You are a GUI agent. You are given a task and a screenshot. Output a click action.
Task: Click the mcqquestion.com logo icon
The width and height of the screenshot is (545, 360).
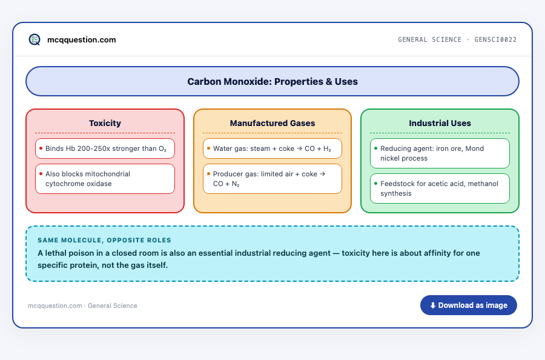[x=35, y=39]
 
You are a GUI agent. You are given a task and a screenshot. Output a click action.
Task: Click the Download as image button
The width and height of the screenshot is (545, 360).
[x=469, y=305]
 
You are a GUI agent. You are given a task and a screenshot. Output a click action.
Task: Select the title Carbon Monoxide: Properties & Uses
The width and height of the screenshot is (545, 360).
[x=272, y=81]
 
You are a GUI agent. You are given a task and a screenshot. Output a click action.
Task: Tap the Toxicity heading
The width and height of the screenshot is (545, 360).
[x=105, y=123]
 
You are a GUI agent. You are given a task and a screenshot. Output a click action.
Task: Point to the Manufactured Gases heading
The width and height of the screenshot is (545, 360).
[x=272, y=123]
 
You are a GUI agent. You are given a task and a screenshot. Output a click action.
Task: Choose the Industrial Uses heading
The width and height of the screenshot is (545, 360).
[x=440, y=123]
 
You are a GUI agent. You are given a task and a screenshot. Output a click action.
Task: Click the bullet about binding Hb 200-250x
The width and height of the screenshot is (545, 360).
[x=105, y=148]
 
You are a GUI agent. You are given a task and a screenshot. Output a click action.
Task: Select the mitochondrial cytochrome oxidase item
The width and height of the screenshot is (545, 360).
[x=105, y=179]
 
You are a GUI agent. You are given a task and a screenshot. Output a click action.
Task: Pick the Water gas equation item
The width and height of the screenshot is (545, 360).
[x=272, y=148]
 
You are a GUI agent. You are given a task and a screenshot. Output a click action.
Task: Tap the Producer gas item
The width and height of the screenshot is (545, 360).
[x=272, y=179]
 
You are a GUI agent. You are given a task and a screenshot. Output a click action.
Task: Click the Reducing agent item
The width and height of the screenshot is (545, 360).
[x=440, y=153]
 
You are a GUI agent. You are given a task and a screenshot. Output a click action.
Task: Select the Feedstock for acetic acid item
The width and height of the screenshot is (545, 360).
[x=440, y=188]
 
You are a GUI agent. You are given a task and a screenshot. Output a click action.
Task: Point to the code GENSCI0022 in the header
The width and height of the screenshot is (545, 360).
[x=495, y=39]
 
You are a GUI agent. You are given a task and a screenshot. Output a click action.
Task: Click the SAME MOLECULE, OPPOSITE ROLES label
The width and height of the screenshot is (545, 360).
[x=104, y=241]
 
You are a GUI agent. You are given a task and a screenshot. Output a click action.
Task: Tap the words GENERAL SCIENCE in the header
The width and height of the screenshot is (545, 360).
[x=429, y=39]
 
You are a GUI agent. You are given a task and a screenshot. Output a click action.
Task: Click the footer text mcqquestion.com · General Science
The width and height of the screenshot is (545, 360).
[x=82, y=305]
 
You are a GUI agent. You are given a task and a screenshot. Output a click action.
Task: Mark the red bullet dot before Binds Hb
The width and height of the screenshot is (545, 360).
[x=41, y=148]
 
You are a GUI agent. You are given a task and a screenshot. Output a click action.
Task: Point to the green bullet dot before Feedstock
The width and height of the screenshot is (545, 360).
[x=375, y=183]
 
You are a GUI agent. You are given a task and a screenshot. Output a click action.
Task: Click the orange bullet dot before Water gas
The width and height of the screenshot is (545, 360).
[x=208, y=148]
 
